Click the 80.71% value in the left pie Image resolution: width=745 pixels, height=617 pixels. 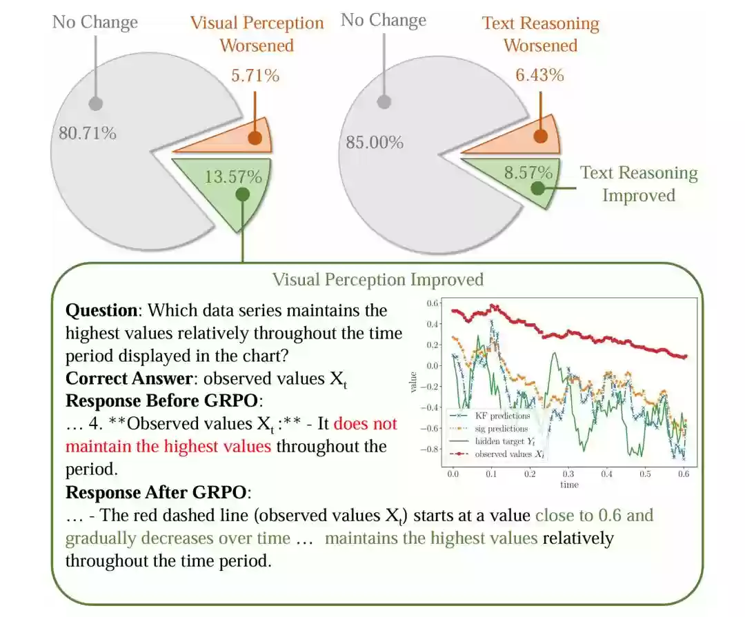(x=88, y=133)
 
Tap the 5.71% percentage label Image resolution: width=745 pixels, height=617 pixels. (x=255, y=76)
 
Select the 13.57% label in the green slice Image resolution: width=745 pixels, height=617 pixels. (x=233, y=176)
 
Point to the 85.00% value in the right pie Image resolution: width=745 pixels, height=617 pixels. (x=375, y=142)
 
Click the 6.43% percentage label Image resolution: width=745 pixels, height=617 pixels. (x=539, y=74)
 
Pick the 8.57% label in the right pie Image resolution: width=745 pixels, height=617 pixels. (x=528, y=172)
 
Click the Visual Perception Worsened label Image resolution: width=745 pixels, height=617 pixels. (x=257, y=34)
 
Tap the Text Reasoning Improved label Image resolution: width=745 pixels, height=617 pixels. (x=639, y=184)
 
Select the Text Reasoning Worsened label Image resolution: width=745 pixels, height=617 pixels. (x=541, y=34)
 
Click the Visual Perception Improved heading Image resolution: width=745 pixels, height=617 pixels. (x=378, y=279)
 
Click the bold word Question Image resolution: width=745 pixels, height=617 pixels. (x=101, y=311)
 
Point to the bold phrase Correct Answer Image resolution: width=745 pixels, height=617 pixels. (x=129, y=378)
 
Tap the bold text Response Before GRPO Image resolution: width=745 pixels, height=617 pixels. (x=161, y=401)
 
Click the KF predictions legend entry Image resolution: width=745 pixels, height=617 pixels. (x=490, y=416)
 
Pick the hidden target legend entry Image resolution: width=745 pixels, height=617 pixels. (x=493, y=441)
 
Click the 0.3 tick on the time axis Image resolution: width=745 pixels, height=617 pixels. (x=568, y=474)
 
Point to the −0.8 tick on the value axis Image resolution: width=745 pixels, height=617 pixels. (x=430, y=449)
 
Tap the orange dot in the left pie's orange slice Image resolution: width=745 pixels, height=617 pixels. (x=255, y=138)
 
